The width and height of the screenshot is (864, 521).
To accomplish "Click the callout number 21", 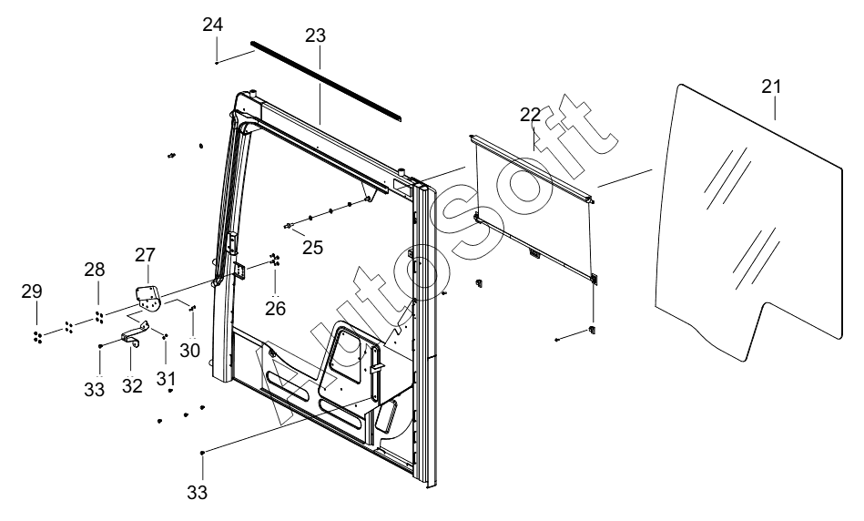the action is (771, 87).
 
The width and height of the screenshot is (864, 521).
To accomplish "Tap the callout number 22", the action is (530, 115).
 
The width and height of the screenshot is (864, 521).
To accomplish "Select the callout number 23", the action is (315, 36).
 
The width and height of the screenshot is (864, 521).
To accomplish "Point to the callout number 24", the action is (213, 25).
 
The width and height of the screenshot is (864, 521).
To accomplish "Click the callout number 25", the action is (312, 248).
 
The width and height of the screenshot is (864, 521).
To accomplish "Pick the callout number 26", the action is (276, 308).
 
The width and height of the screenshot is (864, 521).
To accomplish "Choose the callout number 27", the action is (145, 255).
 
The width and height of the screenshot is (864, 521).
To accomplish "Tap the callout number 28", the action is (94, 270).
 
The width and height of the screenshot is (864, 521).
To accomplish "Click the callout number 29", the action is (32, 291).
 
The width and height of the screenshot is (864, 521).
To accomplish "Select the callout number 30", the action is (190, 351).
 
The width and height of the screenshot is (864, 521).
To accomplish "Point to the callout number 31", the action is (166, 379).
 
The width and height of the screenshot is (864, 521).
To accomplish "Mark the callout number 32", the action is (132, 386).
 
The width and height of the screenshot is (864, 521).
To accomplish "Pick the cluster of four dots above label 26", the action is (274, 259).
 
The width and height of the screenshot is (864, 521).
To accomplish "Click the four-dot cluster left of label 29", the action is (37, 338).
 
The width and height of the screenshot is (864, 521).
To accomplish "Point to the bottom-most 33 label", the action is (197, 493).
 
